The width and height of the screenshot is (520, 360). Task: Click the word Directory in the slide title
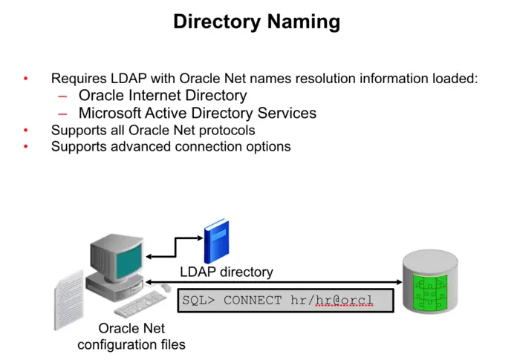click(x=216, y=22)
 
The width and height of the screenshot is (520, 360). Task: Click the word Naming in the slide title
click(x=305, y=22)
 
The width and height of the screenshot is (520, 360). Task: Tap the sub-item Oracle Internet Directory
click(x=163, y=96)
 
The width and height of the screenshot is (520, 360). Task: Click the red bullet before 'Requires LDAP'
click(x=26, y=79)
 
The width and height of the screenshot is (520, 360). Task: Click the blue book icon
click(x=216, y=241)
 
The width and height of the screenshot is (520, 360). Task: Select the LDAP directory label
click(x=227, y=272)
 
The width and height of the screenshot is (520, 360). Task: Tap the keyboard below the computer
click(x=140, y=304)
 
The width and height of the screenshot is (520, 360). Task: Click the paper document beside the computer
click(x=68, y=297)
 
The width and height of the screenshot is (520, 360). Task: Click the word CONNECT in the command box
click(x=253, y=301)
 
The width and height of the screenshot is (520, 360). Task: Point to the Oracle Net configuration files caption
click(x=131, y=336)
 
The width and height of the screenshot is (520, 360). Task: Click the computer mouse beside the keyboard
click(x=166, y=287)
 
